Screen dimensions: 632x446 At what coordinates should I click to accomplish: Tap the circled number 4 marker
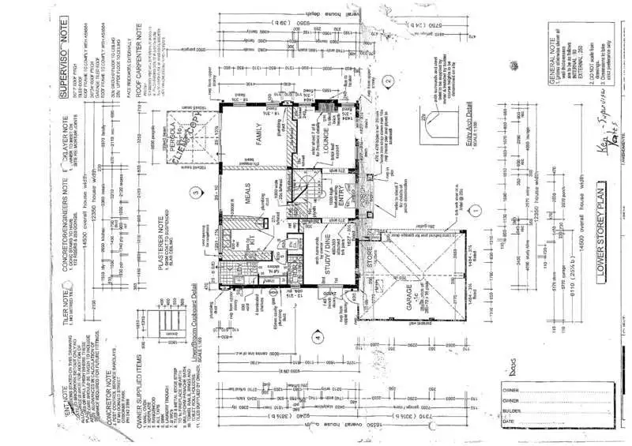pyautogui.click(x=317, y=338)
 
